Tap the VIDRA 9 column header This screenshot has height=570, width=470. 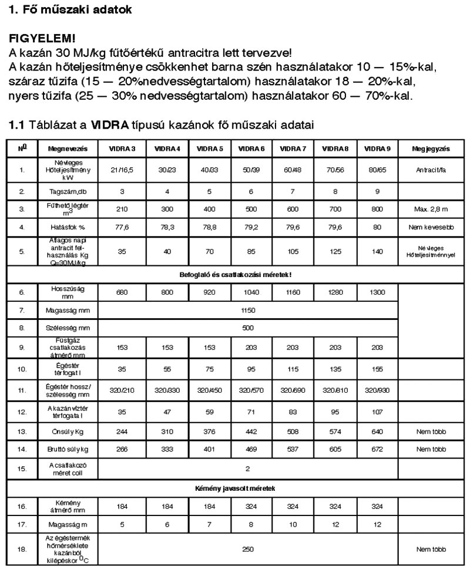(x=377, y=149)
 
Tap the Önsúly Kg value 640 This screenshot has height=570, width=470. (x=377, y=431)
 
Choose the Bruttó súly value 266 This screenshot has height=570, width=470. (x=122, y=450)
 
